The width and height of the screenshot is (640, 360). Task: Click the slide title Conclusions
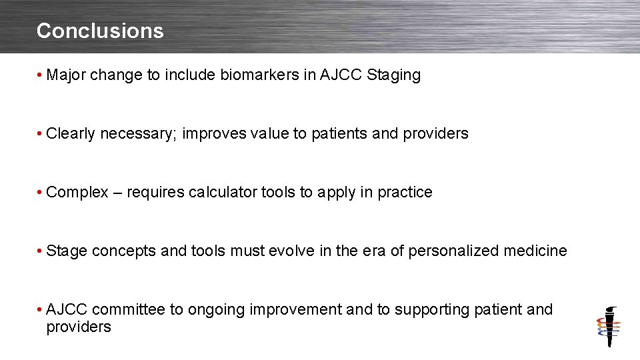100,31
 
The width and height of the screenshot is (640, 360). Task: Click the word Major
66,75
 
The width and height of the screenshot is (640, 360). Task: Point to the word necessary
138,134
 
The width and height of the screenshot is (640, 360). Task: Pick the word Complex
77,193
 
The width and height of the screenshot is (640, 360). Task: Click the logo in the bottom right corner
608,327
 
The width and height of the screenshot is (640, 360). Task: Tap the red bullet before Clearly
41,134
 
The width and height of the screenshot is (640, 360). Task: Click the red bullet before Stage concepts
41,251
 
